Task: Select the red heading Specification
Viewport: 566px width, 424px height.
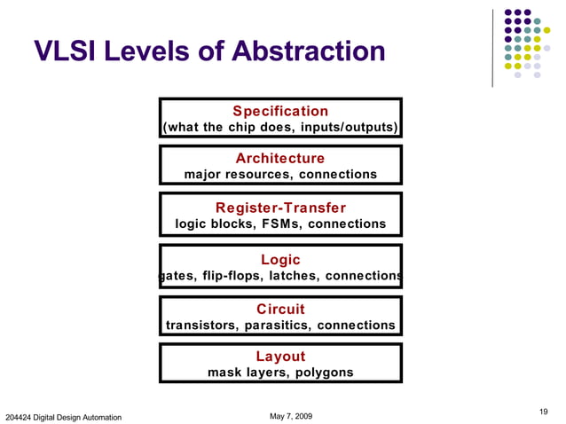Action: pos(280,111)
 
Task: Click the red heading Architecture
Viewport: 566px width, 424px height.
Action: pos(280,158)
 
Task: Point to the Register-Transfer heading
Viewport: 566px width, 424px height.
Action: pos(280,208)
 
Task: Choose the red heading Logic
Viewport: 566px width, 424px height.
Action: pos(280,260)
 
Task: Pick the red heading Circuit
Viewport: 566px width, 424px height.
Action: pos(280,309)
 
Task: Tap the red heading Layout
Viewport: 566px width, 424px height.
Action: pos(280,357)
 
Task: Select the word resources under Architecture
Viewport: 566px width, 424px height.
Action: pos(261,175)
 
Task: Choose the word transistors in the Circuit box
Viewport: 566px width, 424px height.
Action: pos(200,326)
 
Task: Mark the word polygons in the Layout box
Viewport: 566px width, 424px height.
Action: pos(321,373)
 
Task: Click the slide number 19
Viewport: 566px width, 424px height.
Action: pos(544,410)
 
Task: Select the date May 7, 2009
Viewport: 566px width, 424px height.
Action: pos(290,416)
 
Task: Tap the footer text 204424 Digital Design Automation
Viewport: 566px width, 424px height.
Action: pos(64,417)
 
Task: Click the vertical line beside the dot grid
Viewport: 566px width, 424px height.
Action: pos(493,49)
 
